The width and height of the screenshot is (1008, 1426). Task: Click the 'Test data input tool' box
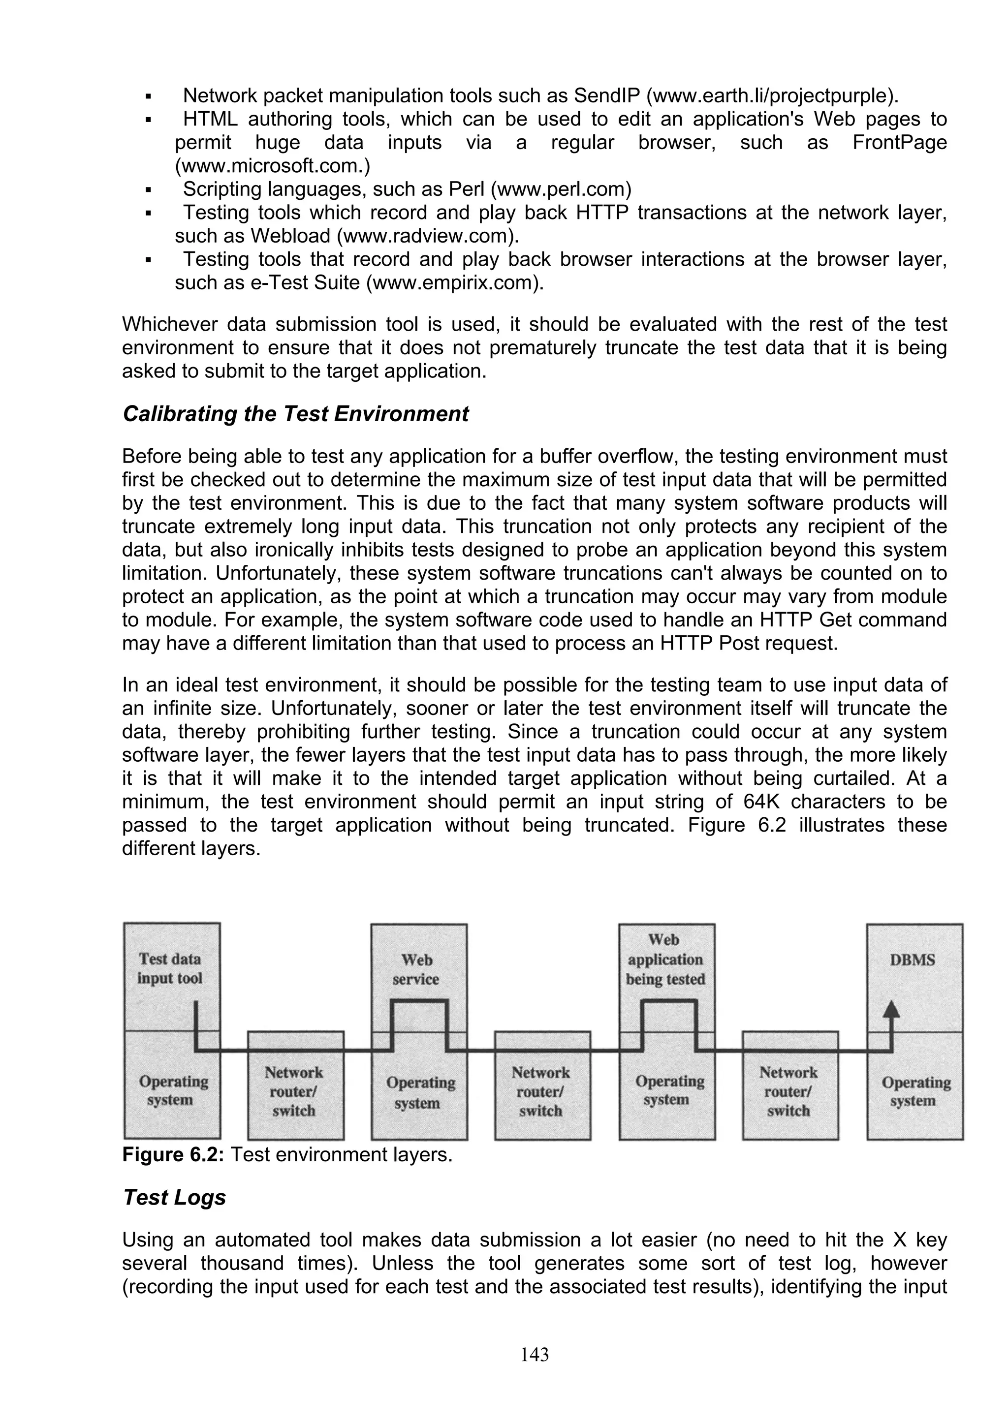170,968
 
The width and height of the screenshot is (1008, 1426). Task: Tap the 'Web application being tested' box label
665,960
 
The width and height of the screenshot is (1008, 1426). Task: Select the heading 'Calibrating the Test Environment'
296,414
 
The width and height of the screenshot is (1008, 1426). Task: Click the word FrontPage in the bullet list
899,142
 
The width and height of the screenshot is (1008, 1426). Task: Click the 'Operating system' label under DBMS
915,1091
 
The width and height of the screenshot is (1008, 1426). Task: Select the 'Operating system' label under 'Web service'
420,1092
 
